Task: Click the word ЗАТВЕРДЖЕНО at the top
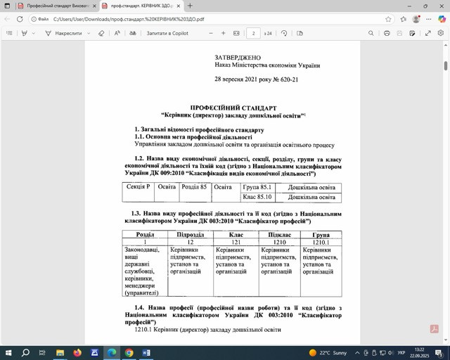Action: click(x=238, y=58)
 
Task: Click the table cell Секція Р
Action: click(x=138, y=187)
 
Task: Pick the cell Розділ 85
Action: click(x=194, y=187)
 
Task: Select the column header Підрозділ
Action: click(x=190, y=234)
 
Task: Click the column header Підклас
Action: click(x=279, y=234)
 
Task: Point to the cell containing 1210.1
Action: click(x=321, y=242)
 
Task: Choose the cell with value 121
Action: click(x=235, y=242)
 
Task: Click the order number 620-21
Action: click(x=285, y=79)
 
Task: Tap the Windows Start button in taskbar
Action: click(x=8, y=352)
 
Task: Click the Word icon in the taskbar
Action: click(x=146, y=352)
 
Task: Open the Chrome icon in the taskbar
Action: click(x=129, y=352)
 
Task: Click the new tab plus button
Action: click(x=190, y=6)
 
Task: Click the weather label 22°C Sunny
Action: click(x=329, y=352)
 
